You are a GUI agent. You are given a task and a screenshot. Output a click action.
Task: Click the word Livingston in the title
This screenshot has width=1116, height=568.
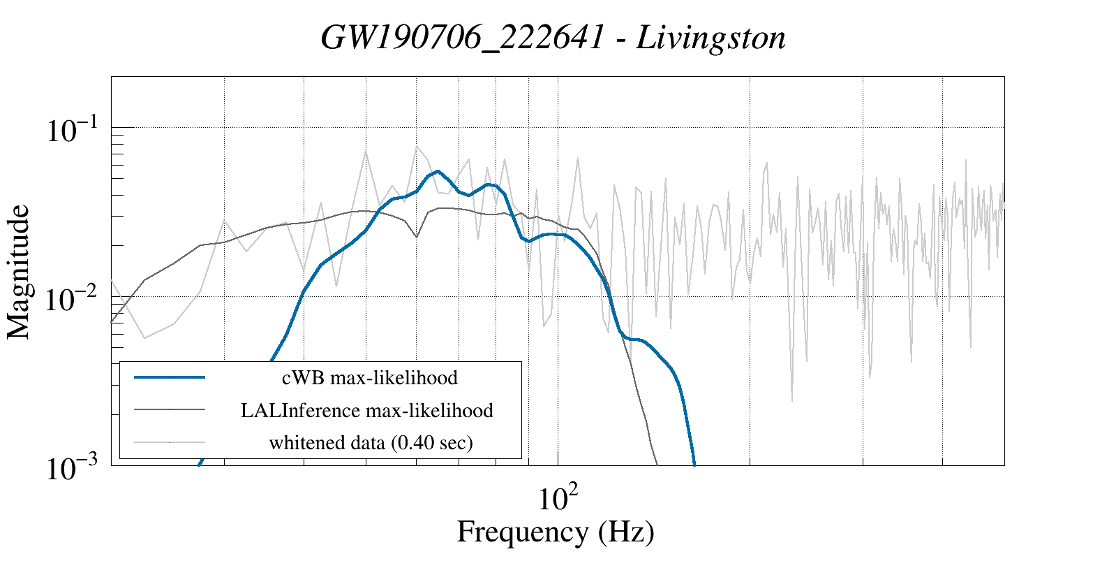pyautogui.click(x=711, y=38)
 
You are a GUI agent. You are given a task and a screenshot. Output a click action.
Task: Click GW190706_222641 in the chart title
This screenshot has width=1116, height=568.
pyautogui.click(x=462, y=38)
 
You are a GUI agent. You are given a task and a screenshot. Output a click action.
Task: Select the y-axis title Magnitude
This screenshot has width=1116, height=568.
pyautogui.click(x=19, y=272)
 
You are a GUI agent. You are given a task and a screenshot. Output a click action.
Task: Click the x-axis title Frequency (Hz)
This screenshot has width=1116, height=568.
pyautogui.click(x=556, y=532)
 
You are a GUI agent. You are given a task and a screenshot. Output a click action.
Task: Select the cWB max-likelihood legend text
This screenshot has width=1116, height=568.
pyautogui.click(x=370, y=378)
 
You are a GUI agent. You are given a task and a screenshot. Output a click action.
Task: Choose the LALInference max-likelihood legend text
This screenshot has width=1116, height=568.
pyautogui.click(x=367, y=410)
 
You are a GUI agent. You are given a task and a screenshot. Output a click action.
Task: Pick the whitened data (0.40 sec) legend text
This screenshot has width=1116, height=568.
pyautogui.click(x=371, y=442)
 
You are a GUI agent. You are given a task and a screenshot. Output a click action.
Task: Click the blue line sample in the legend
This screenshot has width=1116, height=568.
pyautogui.click(x=170, y=377)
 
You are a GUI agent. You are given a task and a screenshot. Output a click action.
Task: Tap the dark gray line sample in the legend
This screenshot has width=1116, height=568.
pyautogui.click(x=170, y=409)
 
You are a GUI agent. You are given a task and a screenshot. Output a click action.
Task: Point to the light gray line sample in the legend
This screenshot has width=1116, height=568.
pyautogui.click(x=170, y=442)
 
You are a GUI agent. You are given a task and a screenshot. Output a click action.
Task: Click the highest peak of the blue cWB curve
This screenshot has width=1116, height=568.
pyautogui.click(x=438, y=170)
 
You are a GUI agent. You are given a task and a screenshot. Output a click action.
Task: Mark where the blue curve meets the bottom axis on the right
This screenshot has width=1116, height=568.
pyautogui.click(x=694, y=464)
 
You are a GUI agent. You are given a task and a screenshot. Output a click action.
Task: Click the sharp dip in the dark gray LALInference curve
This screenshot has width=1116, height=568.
pyautogui.click(x=416, y=237)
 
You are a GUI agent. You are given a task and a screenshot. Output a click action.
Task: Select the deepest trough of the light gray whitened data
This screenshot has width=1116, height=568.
pyautogui.click(x=791, y=401)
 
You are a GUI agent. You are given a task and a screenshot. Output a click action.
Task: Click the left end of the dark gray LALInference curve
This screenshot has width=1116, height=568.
pyautogui.click(x=112, y=321)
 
